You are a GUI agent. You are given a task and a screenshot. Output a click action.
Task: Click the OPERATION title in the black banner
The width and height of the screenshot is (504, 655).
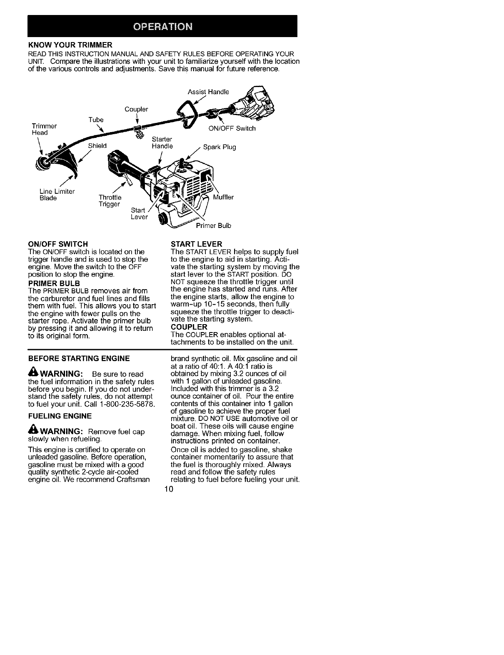(x=162, y=27)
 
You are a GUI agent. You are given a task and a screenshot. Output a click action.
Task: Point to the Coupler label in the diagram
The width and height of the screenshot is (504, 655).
(x=136, y=110)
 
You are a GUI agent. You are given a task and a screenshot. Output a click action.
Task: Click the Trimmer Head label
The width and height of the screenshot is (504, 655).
(x=44, y=129)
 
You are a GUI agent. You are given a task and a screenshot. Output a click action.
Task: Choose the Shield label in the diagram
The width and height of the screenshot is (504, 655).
(x=97, y=146)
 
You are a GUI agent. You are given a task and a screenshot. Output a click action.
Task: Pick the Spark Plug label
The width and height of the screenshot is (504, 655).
(x=220, y=147)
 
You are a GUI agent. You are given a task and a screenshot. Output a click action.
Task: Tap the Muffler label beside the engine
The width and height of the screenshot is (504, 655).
(x=223, y=197)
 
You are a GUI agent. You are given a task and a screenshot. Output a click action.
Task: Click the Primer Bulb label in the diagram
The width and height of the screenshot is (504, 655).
(x=213, y=225)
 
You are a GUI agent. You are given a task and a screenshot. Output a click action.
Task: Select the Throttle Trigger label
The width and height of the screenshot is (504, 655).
(x=110, y=200)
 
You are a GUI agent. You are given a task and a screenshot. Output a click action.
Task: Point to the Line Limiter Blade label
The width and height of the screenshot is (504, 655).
(x=57, y=195)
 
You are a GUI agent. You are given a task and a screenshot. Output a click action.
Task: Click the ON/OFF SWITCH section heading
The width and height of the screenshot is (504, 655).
(x=57, y=244)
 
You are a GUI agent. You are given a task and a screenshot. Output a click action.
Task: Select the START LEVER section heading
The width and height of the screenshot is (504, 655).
(x=197, y=244)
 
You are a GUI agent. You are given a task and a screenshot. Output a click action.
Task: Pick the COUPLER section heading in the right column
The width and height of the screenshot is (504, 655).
(x=187, y=327)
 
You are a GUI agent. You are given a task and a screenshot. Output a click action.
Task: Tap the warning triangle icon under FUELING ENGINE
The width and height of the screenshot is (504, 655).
(x=32, y=431)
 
